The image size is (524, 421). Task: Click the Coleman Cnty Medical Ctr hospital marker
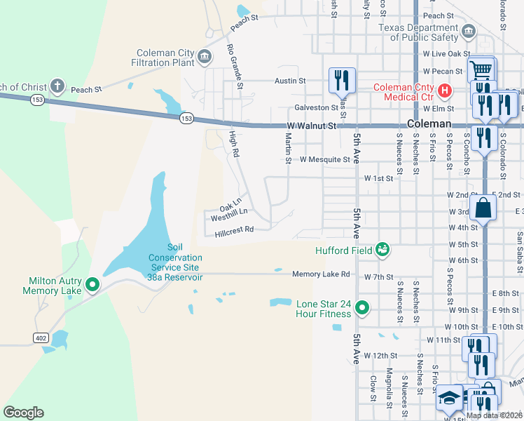tap(443, 91)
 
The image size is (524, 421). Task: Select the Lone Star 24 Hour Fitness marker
tap(361, 307)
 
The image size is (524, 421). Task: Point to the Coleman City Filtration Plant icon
tap(205, 57)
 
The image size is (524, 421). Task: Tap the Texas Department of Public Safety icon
tap(468, 32)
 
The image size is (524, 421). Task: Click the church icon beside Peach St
tap(57, 88)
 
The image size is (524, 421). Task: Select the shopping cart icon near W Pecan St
tap(481, 70)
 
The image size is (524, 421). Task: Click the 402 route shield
tap(41, 338)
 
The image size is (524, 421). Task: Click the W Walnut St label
tap(312, 126)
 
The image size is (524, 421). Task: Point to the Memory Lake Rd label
tap(321, 274)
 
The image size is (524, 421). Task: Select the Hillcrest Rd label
tap(234, 229)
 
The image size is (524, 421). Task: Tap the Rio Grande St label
tap(234, 67)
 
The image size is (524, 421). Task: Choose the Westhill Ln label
tap(229, 210)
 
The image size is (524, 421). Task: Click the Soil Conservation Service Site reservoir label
tap(174, 262)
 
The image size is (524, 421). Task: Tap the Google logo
tap(23, 413)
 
